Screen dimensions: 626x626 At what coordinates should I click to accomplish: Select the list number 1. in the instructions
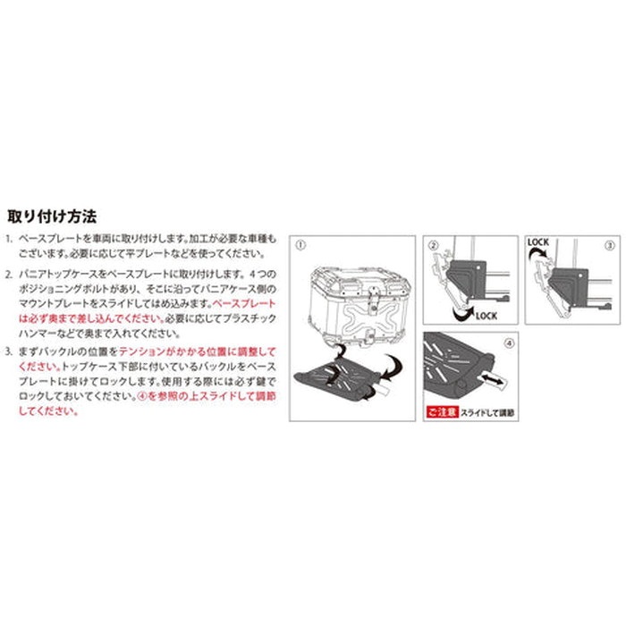pyautogui.click(x=9, y=240)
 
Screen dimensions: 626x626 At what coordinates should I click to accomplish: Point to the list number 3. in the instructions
pyautogui.click(x=9, y=353)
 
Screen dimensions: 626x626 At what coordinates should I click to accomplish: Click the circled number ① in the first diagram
pyautogui.click(x=300, y=243)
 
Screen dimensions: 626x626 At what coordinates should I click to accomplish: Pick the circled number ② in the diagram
pyautogui.click(x=432, y=244)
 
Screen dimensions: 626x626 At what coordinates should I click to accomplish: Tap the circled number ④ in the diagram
pyautogui.click(x=509, y=342)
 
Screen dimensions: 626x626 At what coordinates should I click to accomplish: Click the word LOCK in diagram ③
pyautogui.click(x=538, y=241)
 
